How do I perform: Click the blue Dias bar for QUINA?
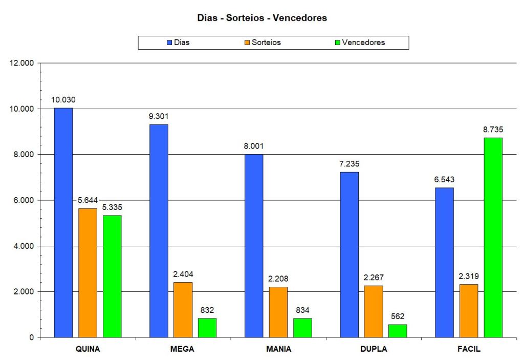click(63, 223)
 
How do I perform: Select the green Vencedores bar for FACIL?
click(493, 238)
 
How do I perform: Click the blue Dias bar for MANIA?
click(254, 246)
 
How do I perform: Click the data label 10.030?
click(63, 100)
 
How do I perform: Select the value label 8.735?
click(493, 130)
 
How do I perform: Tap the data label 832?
click(207, 310)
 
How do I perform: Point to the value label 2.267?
click(374, 278)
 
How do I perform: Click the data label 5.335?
click(113, 207)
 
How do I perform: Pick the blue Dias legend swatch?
click(169, 43)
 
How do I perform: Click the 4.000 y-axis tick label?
click(21, 246)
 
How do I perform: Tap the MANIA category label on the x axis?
click(278, 350)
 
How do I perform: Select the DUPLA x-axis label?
click(374, 350)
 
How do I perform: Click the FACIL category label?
click(469, 350)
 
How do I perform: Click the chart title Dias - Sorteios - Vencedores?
click(262, 18)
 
